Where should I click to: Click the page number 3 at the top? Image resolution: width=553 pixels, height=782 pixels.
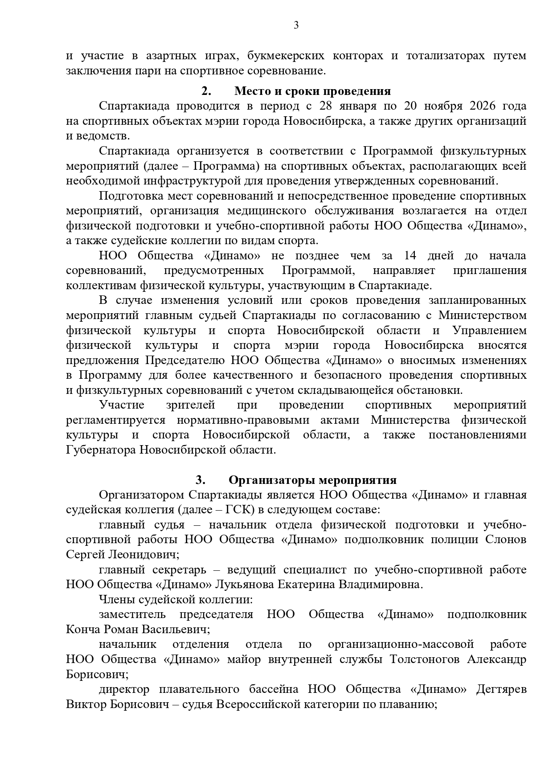(296, 25)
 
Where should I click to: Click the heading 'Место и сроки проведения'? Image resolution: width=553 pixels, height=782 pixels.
(312, 91)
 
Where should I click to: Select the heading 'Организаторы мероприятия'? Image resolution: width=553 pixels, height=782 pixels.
(312, 480)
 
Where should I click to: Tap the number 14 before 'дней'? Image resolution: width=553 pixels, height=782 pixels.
(410, 256)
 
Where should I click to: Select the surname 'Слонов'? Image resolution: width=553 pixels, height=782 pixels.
(505, 540)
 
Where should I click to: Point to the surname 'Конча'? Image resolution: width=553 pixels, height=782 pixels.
(83, 630)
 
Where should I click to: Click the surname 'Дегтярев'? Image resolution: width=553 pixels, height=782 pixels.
(501, 689)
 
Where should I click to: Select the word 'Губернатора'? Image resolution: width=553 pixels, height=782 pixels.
(101, 450)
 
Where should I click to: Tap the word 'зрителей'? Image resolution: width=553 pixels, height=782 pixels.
(190, 405)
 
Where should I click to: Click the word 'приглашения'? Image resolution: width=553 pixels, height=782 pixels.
(489, 270)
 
